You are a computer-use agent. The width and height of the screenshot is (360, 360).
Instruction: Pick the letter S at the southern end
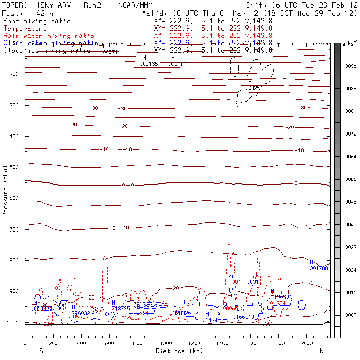click(x=41, y=350)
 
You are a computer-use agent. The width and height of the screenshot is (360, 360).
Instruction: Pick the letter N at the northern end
click(x=321, y=350)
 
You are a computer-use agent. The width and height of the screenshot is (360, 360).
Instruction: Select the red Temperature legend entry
click(x=25, y=29)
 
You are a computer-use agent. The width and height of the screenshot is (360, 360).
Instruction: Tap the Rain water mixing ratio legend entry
click(x=42, y=36)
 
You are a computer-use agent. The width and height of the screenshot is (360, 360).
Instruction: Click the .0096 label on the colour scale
click(x=351, y=66)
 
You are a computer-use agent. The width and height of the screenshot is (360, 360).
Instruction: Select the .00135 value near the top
click(x=149, y=64)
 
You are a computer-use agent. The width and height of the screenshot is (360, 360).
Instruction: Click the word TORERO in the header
click(x=15, y=4)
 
